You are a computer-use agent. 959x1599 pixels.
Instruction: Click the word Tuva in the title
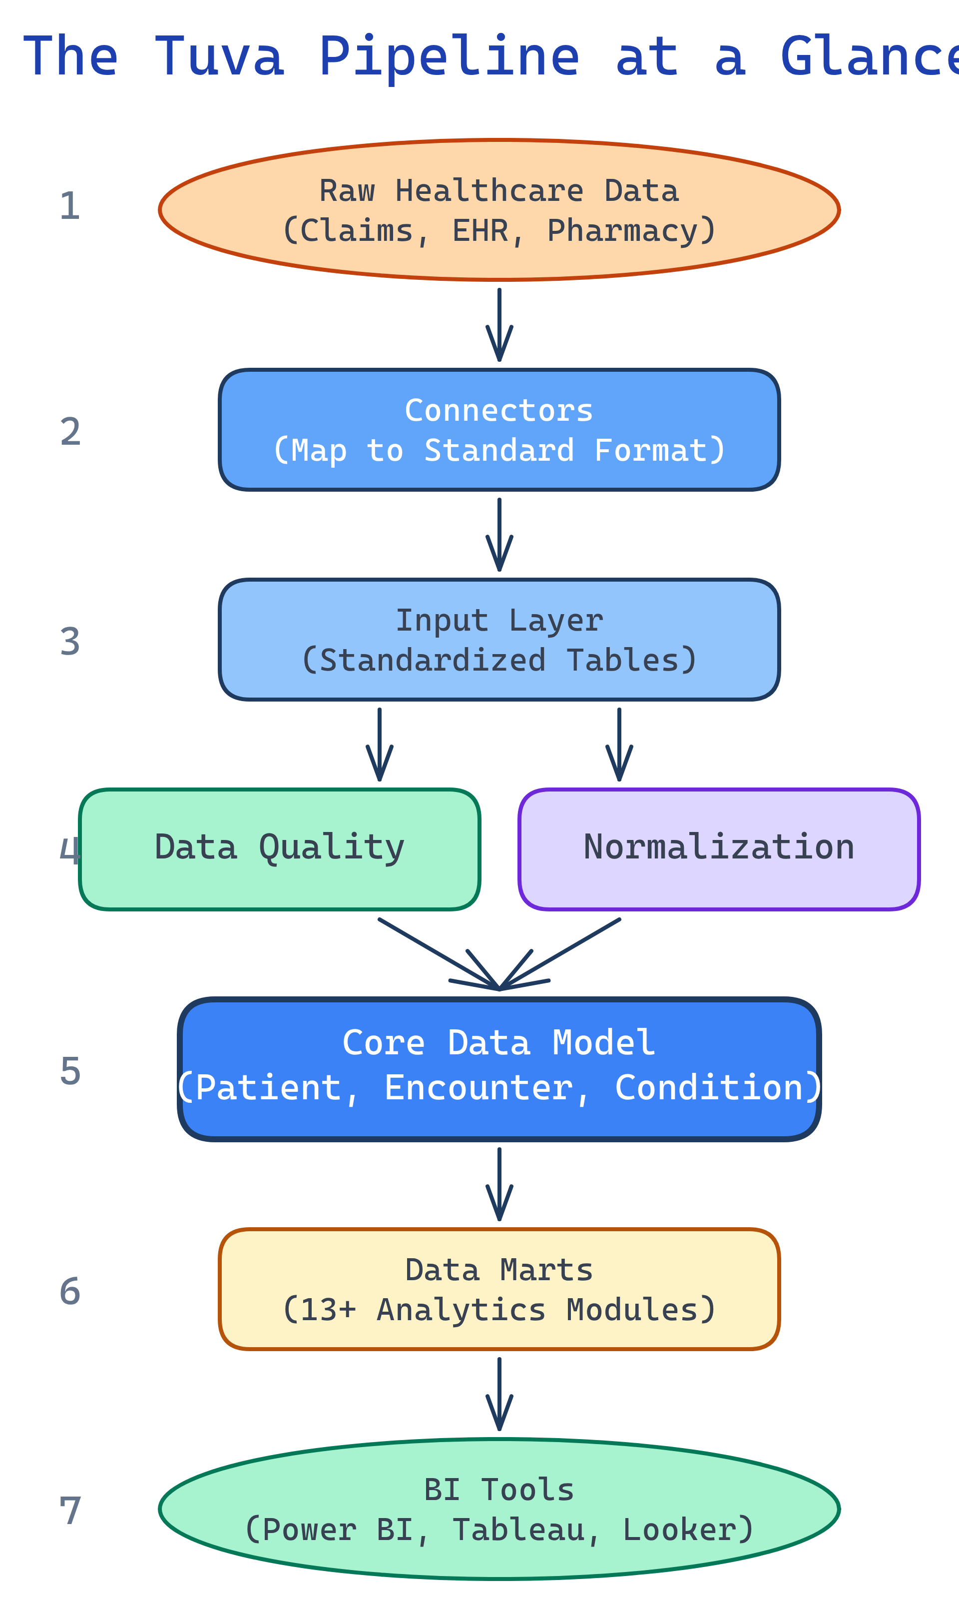(219, 57)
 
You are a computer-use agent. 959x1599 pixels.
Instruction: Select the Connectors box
(499, 430)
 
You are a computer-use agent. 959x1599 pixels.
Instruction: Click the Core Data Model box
(499, 1070)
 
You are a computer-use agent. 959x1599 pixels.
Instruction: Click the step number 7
(70, 1512)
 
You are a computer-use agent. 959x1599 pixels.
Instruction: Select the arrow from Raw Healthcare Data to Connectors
(499, 323)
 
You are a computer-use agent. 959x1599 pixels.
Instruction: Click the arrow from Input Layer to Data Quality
(379, 743)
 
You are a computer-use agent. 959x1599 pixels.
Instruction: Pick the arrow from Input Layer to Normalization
(619, 743)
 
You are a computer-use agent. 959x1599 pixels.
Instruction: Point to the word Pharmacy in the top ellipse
(622, 231)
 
